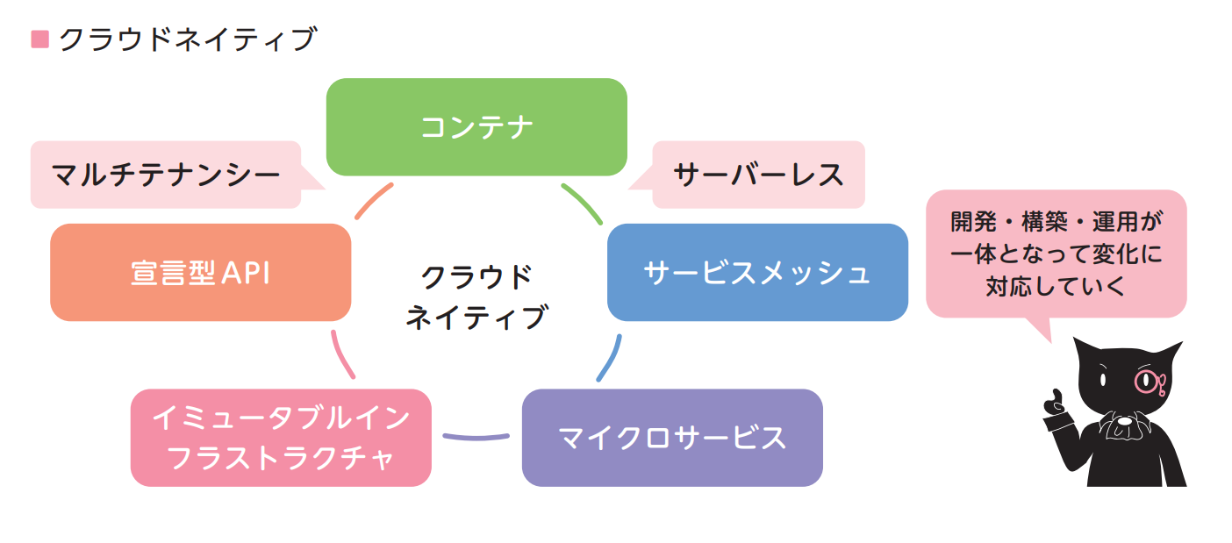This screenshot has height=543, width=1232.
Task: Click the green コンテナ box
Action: pyautogui.click(x=476, y=127)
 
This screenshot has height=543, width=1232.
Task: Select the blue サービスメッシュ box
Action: pyautogui.click(x=757, y=272)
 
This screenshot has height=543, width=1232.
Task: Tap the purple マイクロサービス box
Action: pyautogui.click(x=672, y=437)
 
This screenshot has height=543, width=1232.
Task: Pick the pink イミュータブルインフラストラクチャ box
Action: pyautogui.click(x=281, y=437)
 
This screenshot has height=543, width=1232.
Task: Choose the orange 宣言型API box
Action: pyautogui.click(x=200, y=272)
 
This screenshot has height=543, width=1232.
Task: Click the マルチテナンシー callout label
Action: pyautogui.click(x=166, y=175)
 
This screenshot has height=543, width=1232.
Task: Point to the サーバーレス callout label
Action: pyautogui.click(x=758, y=175)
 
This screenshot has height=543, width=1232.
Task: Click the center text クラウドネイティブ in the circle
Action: pyautogui.click(x=476, y=297)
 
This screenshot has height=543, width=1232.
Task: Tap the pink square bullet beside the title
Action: pyautogui.click(x=39, y=39)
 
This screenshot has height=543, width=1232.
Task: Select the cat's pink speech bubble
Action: pyautogui.click(x=1056, y=253)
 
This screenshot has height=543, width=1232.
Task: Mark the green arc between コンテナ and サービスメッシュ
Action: pyautogui.click(x=582, y=204)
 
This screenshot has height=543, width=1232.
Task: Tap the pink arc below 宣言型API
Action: pyautogui.click(x=341, y=354)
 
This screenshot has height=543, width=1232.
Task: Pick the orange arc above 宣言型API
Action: pyautogui.click(x=373, y=201)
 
